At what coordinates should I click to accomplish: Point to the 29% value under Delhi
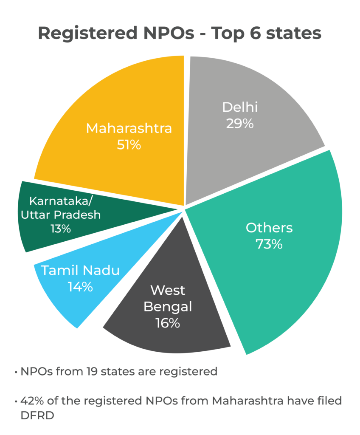(x=240, y=124)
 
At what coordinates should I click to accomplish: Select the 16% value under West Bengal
(x=168, y=323)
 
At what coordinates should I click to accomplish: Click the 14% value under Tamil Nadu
(x=80, y=287)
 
